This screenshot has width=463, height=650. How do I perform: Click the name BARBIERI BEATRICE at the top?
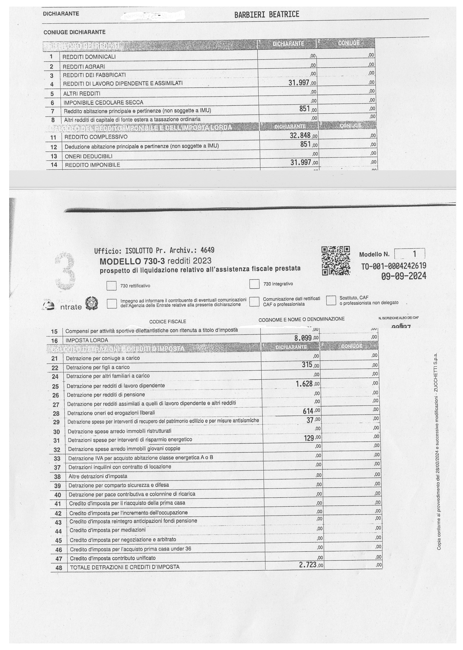pyautogui.click(x=267, y=14)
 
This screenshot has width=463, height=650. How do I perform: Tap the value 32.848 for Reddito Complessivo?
pyautogui.click(x=300, y=136)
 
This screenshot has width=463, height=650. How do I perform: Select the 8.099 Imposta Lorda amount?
pyautogui.click(x=303, y=338)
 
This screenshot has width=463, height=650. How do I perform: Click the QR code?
pyautogui.click(x=336, y=260)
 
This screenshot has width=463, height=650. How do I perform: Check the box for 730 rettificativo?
pyautogui.click(x=112, y=286)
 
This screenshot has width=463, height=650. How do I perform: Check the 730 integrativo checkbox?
pyautogui.click(x=254, y=284)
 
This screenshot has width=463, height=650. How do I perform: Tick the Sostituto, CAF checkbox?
pyautogui.click(x=331, y=300)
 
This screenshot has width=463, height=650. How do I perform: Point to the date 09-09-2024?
pyautogui.click(x=404, y=276)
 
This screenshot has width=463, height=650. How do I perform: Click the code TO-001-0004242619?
pyautogui.click(x=394, y=266)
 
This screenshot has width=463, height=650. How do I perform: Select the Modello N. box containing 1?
pyautogui.click(x=409, y=253)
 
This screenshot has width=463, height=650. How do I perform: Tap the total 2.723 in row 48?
pyautogui.click(x=308, y=565)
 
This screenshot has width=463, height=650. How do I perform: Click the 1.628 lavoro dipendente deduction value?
pyautogui.click(x=304, y=384)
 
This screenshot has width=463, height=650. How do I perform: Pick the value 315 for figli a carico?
pyautogui.click(x=307, y=365)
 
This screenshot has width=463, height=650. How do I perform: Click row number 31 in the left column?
pyautogui.click(x=56, y=440)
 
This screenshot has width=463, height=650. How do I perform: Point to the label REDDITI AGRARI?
pyautogui.click(x=84, y=67)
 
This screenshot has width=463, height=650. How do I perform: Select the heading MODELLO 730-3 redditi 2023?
pyautogui.click(x=155, y=261)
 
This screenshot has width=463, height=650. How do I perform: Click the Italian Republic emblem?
pyautogui.click(x=92, y=303)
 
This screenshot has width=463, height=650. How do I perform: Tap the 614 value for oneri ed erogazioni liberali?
pyautogui.click(x=308, y=411)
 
